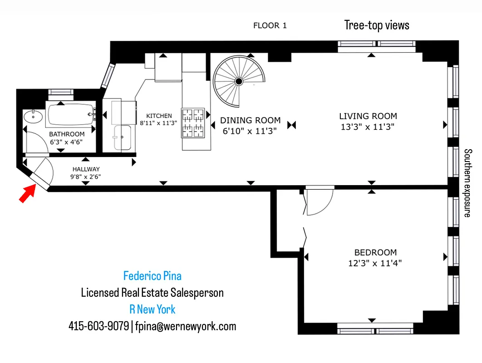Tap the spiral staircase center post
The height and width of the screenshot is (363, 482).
pyautogui.click(x=238, y=82)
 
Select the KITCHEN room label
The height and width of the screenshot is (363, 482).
pyautogui.click(x=159, y=116)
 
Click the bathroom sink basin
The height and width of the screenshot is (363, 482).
pyautogui.click(x=32, y=117)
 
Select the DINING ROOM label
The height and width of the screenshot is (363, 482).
pyautogui.click(x=251, y=121)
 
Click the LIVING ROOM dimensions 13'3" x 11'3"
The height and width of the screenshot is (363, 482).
pyautogui.click(x=368, y=128)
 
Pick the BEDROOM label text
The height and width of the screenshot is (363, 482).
pyautogui.click(x=375, y=252)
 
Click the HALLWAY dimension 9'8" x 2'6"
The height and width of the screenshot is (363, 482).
pyautogui.click(x=85, y=176)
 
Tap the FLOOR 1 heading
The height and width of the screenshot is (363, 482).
pyautogui.click(x=270, y=26)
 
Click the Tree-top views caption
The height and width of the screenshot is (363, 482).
pyautogui.click(x=377, y=25)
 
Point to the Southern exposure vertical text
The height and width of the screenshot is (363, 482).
pyautogui.click(x=468, y=183)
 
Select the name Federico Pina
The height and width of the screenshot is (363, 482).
pyautogui.click(x=152, y=276)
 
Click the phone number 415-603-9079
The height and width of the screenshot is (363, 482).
pyautogui.click(x=98, y=326)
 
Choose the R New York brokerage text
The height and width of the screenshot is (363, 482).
pyautogui.click(x=152, y=309)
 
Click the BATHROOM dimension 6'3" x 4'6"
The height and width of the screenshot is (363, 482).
pyautogui.click(x=67, y=142)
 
